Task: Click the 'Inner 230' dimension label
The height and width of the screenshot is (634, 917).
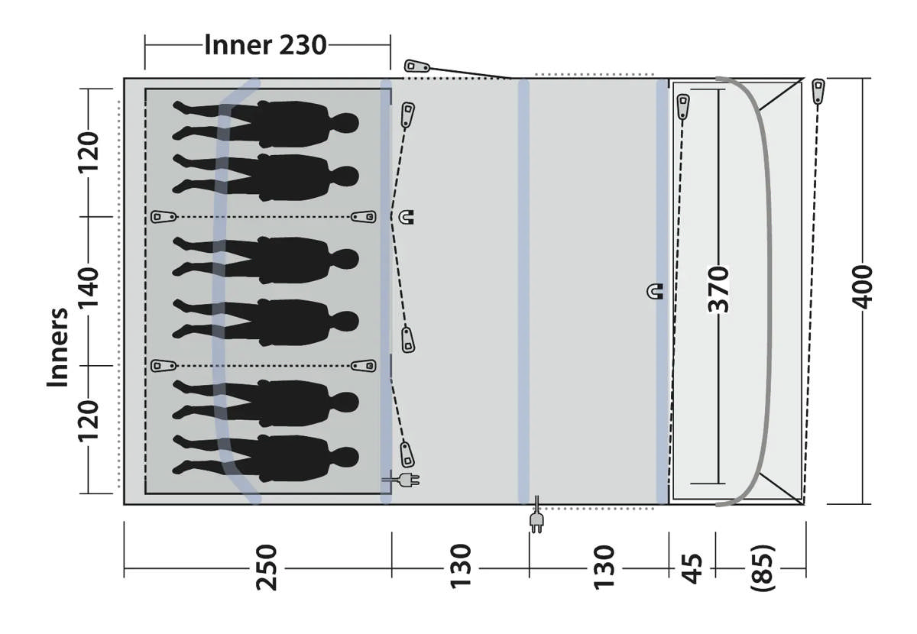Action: pos(265,44)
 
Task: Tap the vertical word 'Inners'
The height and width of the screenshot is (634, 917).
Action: pos(57,347)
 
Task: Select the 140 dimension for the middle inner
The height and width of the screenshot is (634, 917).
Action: pos(89,287)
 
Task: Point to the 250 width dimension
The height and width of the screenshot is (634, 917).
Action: pos(267,568)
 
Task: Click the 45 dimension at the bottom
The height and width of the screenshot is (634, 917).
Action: pos(692,568)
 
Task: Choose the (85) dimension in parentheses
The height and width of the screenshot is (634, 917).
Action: pos(763,568)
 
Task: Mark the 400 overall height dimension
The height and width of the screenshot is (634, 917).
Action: pos(862,287)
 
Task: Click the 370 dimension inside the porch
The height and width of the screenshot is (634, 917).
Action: pos(718,289)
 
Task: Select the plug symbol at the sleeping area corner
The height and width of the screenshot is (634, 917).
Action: pos(401,480)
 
